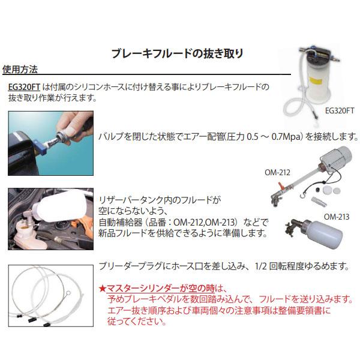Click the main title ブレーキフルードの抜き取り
pyautogui.click(x=177, y=53)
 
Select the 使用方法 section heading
pyautogui.click(x=20, y=70)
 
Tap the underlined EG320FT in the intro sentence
pyautogui.click(x=24, y=87)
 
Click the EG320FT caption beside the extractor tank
pyautogui.click(x=340, y=111)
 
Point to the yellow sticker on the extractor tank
pyautogui.click(x=316, y=80)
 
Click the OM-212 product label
pyautogui.click(x=277, y=172)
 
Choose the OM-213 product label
pyautogui.click(x=337, y=217)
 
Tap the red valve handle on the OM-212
pyautogui.click(x=280, y=185)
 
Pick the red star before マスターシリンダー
pyautogui.click(x=103, y=289)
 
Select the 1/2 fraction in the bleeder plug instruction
pyautogui.click(x=260, y=266)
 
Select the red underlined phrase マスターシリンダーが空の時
pyautogui.click(x=160, y=289)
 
